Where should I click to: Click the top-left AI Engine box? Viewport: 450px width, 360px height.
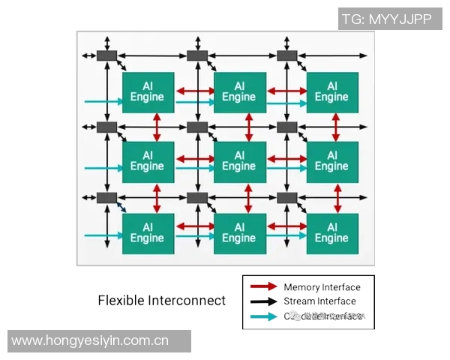pos(148,91)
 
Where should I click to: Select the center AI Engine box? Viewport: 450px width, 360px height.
pos(239,160)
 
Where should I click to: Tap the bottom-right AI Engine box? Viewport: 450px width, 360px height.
pos(331,232)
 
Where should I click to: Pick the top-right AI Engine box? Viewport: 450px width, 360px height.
pos(331,91)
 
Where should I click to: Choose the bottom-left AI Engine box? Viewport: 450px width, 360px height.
pos(148,232)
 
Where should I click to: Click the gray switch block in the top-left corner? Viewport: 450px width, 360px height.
pos(107,55)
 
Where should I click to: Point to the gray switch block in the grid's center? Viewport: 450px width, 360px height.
pos(197,127)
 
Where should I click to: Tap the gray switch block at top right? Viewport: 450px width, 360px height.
pos(287,55)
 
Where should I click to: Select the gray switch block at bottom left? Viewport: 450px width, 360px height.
pos(107,198)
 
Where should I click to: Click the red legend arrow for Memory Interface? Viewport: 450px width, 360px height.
pos(263,287)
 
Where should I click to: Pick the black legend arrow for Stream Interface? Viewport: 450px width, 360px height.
pos(263,301)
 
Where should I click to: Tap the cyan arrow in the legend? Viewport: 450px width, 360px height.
pos(263,316)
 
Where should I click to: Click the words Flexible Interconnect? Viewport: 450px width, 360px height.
pos(161,301)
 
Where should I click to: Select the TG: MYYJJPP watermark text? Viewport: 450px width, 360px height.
pos(386,19)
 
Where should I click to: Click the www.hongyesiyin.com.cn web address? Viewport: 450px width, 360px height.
pos(90,341)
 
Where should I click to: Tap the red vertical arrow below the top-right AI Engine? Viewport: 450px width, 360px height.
pos(335,125)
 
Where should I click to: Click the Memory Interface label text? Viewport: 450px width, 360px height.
pos(322,287)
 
